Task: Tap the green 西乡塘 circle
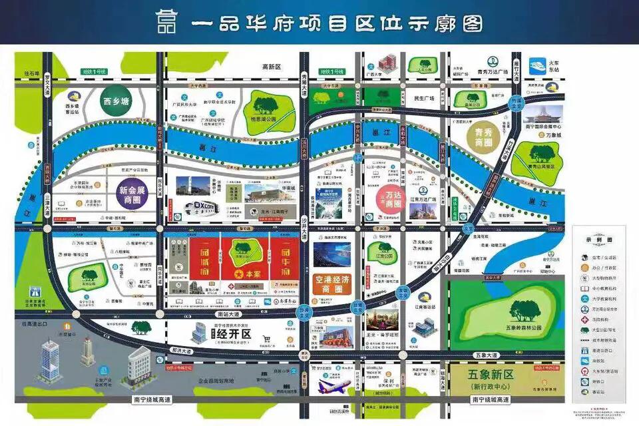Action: pos(115,103)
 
